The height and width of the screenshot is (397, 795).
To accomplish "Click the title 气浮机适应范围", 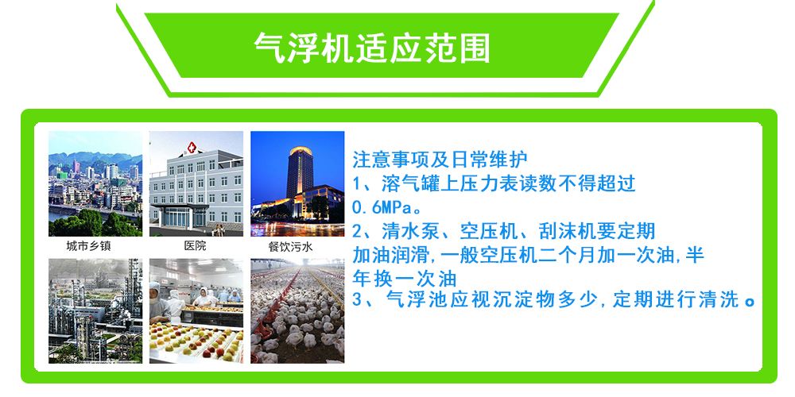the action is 371,48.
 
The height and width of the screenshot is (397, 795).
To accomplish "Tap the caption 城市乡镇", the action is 88,247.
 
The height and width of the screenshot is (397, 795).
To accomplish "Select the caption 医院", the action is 196,246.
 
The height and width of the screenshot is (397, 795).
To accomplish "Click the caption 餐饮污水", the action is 290,247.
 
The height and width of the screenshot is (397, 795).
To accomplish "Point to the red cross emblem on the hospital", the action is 192,148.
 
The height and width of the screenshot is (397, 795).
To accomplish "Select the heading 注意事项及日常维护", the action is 440,160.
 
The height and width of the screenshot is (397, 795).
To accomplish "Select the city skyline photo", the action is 95,184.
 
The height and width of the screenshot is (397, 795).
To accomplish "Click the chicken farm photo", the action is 297,311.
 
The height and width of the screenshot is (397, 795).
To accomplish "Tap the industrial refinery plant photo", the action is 95,311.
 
